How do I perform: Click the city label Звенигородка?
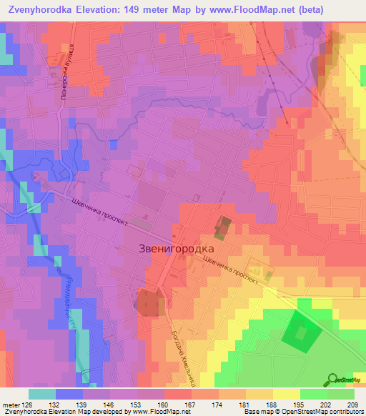175,248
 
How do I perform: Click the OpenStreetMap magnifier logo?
332,380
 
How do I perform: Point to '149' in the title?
133,10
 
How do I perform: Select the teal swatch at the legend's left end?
42,394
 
